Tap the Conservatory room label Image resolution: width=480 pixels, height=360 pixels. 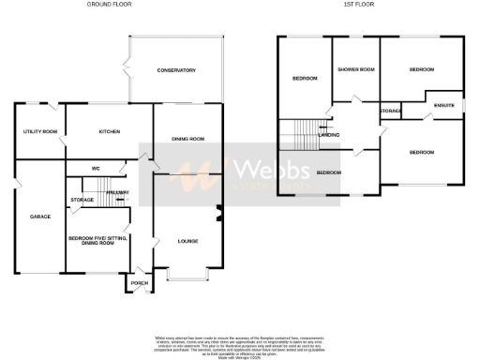coord(175,70)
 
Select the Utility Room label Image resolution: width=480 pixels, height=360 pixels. coord(40,131)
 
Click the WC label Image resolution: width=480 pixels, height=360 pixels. coord(96,169)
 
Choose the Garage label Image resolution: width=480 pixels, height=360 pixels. coord(39,217)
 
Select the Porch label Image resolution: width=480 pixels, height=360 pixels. coord(139,282)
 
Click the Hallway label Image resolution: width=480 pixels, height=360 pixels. coord(117,192)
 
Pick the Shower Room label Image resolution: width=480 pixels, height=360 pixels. coord(356,69)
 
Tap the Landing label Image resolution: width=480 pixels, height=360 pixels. coord(329,135)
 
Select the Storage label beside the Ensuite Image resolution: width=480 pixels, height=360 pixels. coord(390,112)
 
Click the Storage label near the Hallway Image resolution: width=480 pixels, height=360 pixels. coord(82,200)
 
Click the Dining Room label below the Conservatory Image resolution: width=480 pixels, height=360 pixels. coord(187,139)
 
